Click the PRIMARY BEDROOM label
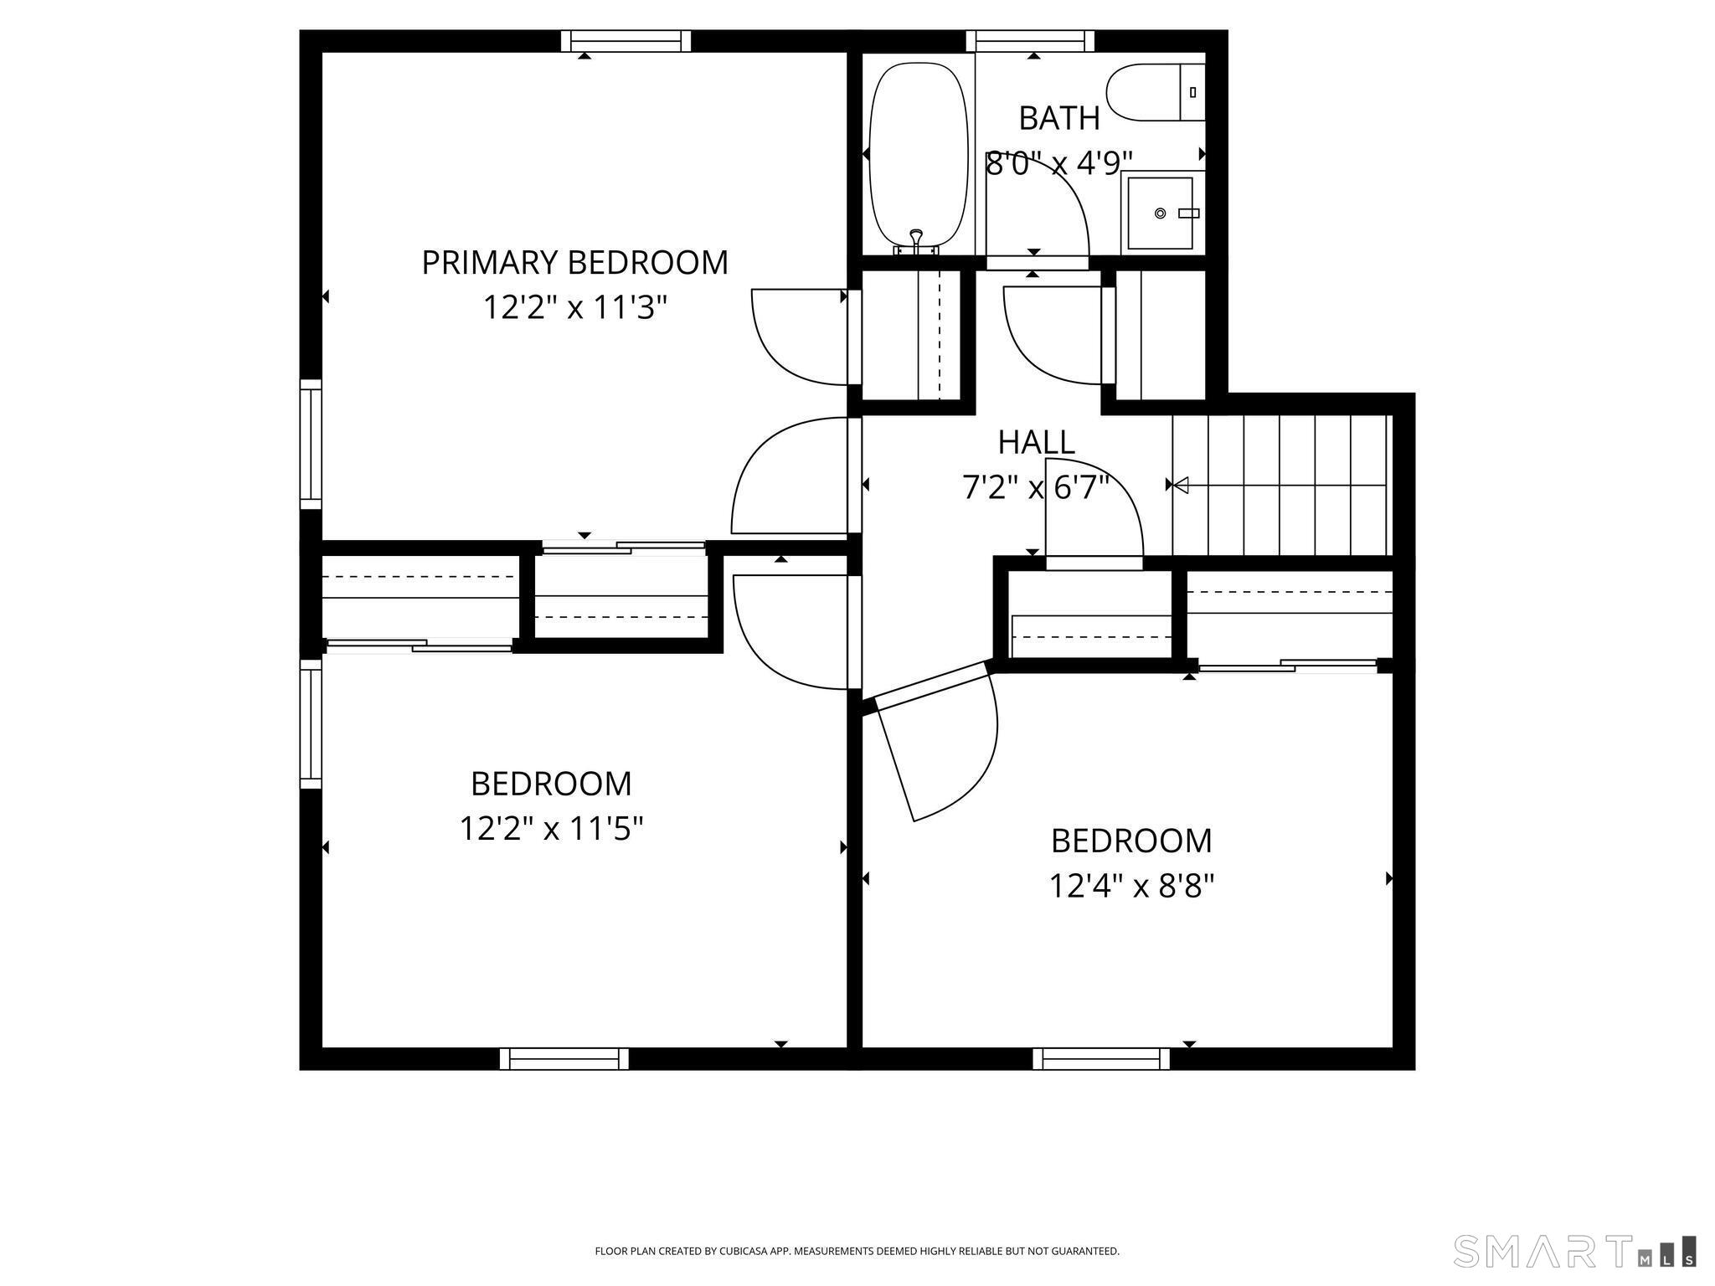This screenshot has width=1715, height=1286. (574, 263)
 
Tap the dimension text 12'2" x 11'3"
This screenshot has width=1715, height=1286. (574, 308)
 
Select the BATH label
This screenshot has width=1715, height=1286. (1059, 119)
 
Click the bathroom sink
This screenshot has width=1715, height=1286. (1160, 213)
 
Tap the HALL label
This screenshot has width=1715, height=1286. (1036, 442)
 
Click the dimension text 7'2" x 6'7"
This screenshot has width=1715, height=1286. (1036, 487)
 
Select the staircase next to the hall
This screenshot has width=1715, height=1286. (1280, 486)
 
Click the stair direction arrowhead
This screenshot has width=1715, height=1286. (1181, 485)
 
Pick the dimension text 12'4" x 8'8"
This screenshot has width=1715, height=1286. (1131, 886)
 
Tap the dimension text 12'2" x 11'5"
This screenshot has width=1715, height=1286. (551, 830)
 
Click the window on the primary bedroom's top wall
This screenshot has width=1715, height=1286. (626, 41)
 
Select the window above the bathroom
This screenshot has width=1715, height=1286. (1030, 41)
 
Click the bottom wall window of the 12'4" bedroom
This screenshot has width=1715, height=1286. (1101, 1059)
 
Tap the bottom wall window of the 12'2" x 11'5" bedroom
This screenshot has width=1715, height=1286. (564, 1059)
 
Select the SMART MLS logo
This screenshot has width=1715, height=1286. (1575, 1252)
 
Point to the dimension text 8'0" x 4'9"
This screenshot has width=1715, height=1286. (1059, 163)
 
